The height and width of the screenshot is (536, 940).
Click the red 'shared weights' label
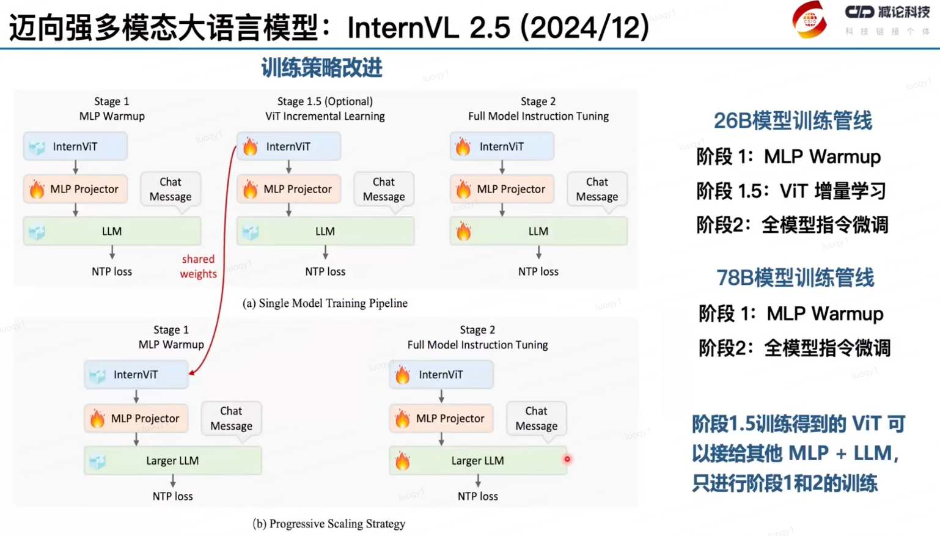click(198, 266)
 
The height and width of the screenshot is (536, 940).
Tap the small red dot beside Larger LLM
click(567, 459)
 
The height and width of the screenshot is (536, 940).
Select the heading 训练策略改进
click(321, 68)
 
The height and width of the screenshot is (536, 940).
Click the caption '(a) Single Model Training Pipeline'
click(325, 303)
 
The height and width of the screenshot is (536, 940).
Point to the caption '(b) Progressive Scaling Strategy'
click(329, 524)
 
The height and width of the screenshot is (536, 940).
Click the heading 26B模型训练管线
click(793, 121)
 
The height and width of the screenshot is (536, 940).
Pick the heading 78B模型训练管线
click(795, 278)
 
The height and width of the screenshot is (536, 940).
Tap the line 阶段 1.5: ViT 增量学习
click(791, 191)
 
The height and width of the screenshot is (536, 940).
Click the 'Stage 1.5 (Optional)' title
click(325, 101)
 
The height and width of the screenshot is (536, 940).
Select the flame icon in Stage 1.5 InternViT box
click(251, 147)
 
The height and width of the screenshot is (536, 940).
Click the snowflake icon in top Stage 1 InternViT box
click(37, 147)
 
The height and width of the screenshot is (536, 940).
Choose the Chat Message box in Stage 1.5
click(383, 189)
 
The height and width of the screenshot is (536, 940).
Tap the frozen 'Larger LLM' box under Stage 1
click(173, 461)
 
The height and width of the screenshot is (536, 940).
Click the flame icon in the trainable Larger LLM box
click(402, 461)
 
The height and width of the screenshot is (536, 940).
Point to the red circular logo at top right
click(809, 20)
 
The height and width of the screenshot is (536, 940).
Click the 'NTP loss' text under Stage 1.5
click(325, 271)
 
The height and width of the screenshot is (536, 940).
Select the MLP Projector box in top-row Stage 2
click(502, 189)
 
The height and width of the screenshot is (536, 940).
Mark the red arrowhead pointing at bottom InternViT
click(192, 372)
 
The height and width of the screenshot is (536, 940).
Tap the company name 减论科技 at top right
click(904, 12)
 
